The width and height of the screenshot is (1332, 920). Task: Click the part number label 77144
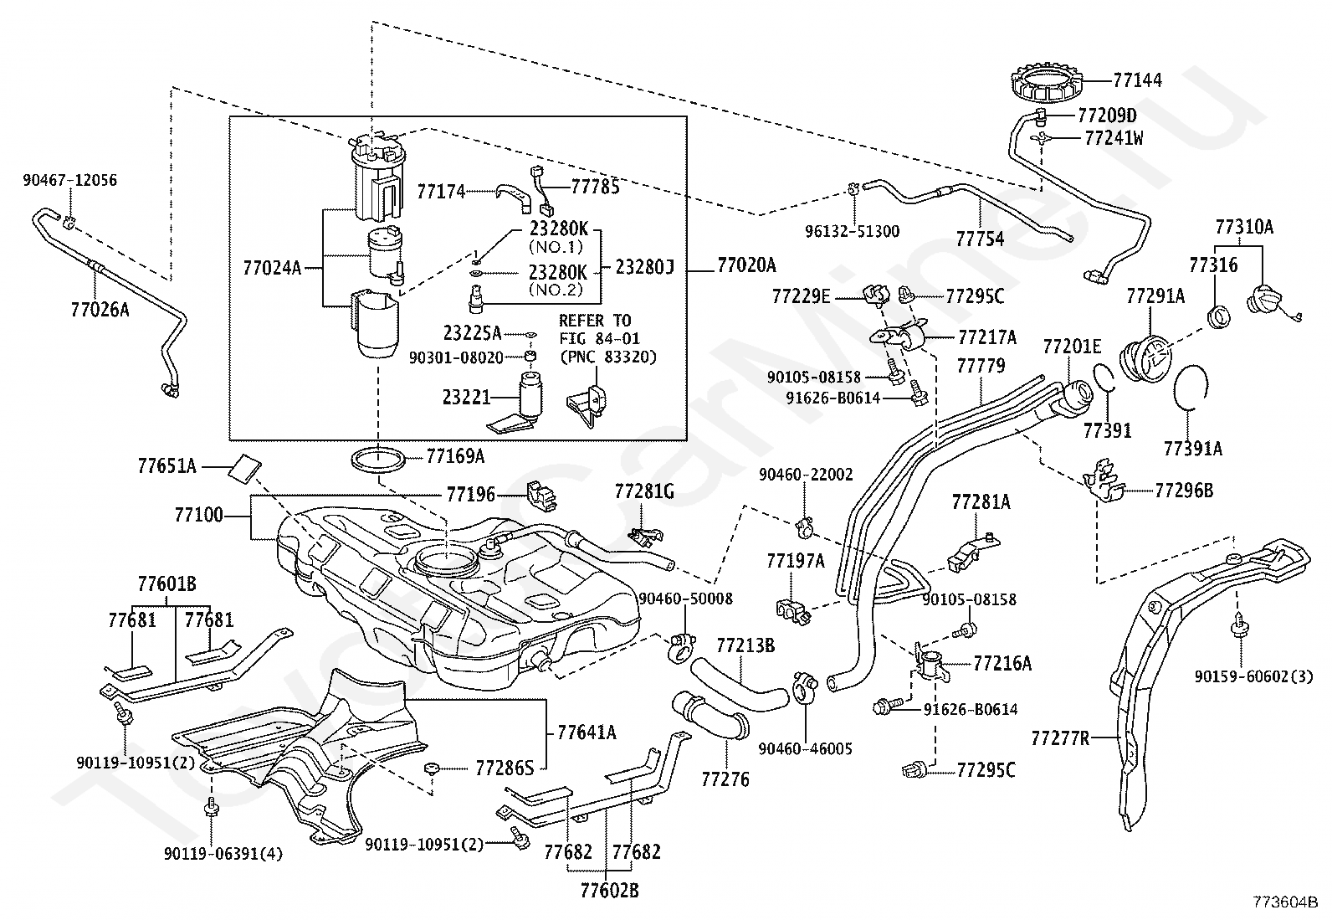pyautogui.click(x=1137, y=80)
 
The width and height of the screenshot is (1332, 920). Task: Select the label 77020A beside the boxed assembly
pyautogui.click(x=746, y=265)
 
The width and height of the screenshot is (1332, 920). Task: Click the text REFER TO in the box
pyautogui.click(x=595, y=321)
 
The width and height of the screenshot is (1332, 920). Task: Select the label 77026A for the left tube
pyautogui.click(x=100, y=310)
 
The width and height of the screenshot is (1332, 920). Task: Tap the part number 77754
pyautogui.click(x=980, y=239)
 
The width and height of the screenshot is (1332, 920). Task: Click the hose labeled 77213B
pyautogui.click(x=739, y=684)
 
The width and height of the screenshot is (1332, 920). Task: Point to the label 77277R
pyautogui.click(x=1060, y=738)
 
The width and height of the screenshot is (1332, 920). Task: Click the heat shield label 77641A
pyautogui.click(x=587, y=732)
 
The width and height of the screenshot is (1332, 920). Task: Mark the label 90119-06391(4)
pyautogui.click(x=223, y=854)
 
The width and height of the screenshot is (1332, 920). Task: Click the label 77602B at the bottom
pyautogui.click(x=609, y=891)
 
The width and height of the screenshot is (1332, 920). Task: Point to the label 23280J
pyautogui.click(x=644, y=267)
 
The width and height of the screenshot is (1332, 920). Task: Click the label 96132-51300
pyautogui.click(x=852, y=232)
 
